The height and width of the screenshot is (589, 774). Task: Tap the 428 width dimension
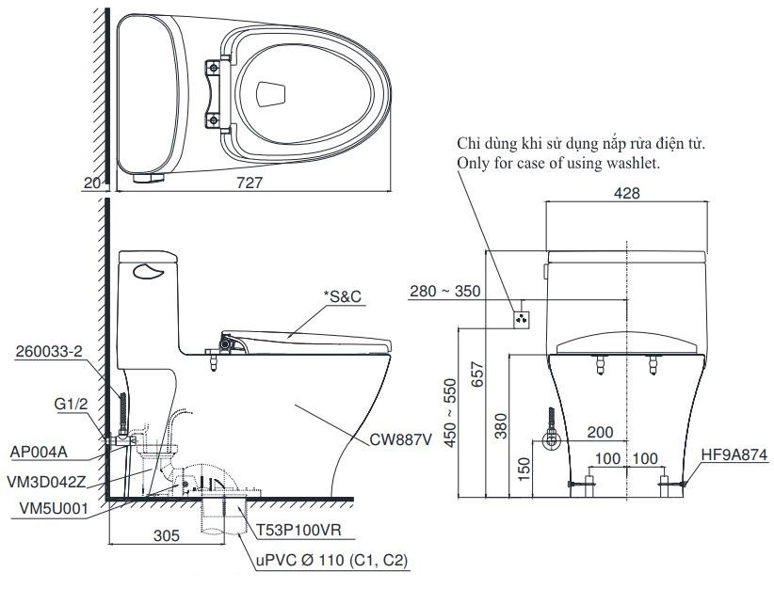pos(626,193)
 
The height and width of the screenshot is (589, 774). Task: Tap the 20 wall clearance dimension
pos(91,184)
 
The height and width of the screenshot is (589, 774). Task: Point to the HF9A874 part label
pos(733,452)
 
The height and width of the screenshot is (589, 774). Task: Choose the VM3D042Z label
pos(47,481)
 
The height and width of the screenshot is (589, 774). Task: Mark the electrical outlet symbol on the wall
pos(520,318)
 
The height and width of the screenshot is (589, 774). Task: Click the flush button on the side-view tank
pos(149,272)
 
